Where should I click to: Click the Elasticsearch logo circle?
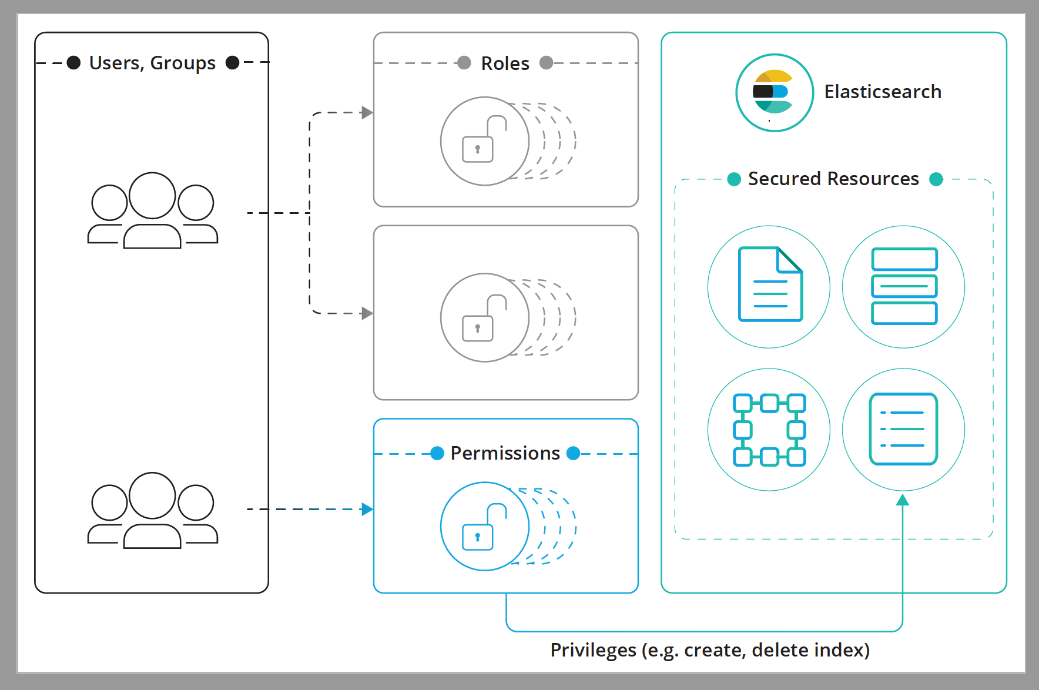775,92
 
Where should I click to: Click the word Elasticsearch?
882,92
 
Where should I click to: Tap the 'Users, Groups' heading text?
152,63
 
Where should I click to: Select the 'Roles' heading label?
505,63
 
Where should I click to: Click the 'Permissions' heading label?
505,453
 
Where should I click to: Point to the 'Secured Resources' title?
833,179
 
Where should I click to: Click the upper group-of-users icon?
153,211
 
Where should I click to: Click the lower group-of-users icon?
153,511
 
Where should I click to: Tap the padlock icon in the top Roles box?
485,141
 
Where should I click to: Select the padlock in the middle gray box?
485,318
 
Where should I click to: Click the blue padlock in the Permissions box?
485,527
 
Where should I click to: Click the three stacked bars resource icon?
904,286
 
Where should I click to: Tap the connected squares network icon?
769,430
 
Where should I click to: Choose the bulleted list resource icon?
903,429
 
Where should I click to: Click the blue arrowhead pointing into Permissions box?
367,509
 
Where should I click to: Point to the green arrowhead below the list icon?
903,500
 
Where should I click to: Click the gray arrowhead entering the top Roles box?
367,112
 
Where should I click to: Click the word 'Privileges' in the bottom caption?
592,650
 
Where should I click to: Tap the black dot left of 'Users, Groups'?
73,63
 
